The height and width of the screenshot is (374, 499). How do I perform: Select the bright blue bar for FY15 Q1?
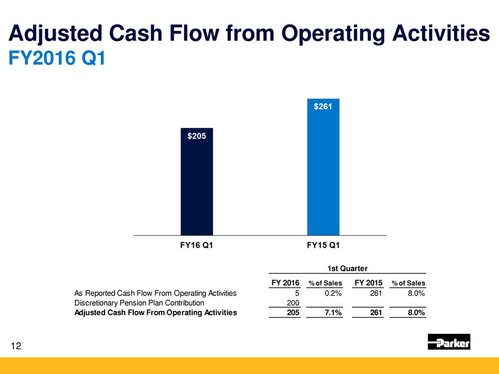click(323, 170)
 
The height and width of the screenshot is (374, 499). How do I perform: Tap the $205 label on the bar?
click(196, 136)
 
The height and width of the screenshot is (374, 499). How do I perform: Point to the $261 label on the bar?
click(323, 107)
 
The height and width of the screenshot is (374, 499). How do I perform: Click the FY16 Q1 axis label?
click(196, 245)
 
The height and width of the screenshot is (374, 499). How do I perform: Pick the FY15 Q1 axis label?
click(323, 245)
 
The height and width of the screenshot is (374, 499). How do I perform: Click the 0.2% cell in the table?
click(332, 293)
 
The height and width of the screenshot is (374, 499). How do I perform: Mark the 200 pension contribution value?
click(292, 302)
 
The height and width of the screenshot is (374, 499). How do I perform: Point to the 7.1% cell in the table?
click(332, 312)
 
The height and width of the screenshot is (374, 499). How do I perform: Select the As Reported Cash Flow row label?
click(156, 293)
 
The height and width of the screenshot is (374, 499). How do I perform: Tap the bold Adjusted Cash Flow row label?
click(156, 312)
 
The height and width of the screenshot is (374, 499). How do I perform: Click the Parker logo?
click(449, 342)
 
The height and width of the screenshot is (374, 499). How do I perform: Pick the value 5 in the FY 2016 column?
click(297, 293)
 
